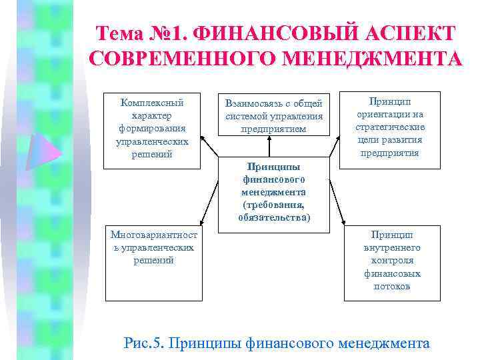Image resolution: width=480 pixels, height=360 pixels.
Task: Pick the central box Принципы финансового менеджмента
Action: [x=274, y=192]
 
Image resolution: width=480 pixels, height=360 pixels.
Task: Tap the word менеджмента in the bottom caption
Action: [x=384, y=343]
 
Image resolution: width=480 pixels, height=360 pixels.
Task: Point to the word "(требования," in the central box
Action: [x=274, y=205]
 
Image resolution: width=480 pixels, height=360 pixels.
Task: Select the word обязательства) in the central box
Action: [x=274, y=217]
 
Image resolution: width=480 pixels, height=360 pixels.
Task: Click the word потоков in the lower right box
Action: [x=392, y=286]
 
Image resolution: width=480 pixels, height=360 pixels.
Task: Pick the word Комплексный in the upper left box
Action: [x=152, y=103]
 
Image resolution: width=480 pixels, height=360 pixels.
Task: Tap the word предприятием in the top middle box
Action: [x=274, y=129]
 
